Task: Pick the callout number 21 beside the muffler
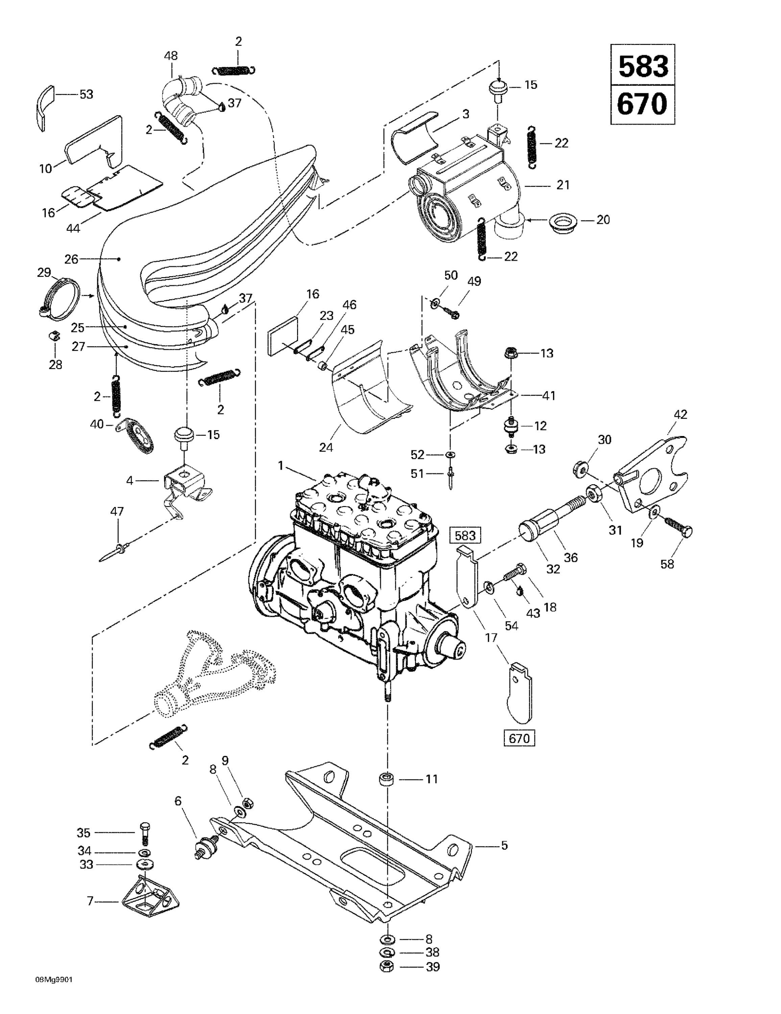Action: (x=563, y=185)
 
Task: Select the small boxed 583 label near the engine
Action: (x=465, y=535)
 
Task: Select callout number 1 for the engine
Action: (x=280, y=465)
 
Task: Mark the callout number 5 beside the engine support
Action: (x=504, y=845)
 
